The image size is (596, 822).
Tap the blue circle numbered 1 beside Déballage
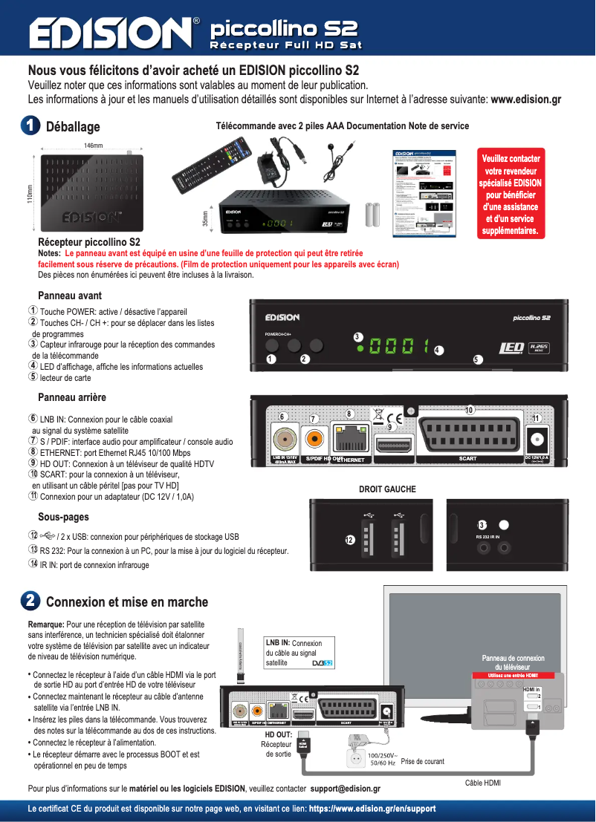[31, 126]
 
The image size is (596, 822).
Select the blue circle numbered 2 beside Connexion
[31, 601]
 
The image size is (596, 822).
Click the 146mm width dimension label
[93, 145]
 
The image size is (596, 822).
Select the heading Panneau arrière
[72, 397]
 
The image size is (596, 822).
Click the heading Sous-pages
[63, 517]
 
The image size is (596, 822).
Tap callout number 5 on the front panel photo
[477, 359]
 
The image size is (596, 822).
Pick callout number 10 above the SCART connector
[469, 410]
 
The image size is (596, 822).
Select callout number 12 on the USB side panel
[349, 539]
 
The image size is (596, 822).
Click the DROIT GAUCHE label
[387, 489]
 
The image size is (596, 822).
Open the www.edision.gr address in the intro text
[526, 100]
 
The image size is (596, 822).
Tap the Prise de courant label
[422, 761]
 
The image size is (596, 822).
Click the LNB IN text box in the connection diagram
[298, 652]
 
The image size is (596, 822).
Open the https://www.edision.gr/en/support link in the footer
[372, 809]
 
